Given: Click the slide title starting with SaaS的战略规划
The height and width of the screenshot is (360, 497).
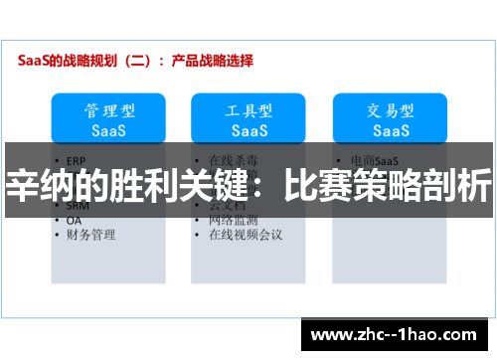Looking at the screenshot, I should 135,60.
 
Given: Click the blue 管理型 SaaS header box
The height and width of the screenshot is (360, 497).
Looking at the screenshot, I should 108,118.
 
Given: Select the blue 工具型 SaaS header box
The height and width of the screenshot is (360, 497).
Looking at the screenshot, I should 248,118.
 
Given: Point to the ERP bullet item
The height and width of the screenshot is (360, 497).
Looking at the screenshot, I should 78,159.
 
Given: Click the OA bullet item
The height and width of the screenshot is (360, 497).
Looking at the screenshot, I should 75,220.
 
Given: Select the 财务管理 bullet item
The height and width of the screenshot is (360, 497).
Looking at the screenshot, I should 90,236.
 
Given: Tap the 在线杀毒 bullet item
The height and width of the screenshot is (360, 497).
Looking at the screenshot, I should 233,159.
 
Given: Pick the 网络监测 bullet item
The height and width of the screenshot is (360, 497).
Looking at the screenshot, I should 233,220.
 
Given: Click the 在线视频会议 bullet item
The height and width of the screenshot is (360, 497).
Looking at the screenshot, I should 246,236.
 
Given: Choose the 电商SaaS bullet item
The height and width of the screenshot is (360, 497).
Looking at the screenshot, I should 375,159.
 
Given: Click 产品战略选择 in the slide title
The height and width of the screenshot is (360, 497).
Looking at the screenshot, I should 212,60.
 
